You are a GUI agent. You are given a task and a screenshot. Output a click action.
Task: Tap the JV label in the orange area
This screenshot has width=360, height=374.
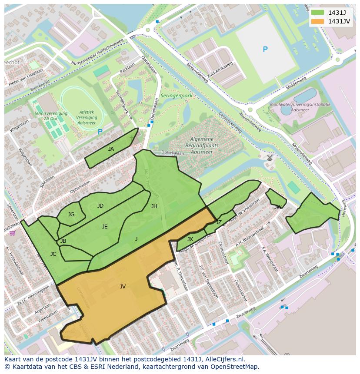[x=123, y=287]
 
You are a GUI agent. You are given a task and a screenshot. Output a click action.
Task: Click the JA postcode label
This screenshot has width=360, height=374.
[x=111, y=149]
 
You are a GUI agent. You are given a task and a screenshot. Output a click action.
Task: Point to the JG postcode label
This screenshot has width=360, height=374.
[x=71, y=215]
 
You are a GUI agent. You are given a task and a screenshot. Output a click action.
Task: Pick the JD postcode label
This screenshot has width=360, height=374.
[x=100, y=206]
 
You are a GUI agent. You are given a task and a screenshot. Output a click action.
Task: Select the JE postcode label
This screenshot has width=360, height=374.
[x=105, y=227]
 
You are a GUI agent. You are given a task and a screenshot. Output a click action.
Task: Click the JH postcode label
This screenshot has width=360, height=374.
[x=154, y=206]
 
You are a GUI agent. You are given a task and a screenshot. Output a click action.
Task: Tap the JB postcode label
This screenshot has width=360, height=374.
[x=63, y=241]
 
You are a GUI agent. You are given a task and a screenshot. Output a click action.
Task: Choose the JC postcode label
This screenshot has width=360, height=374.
[x=53, y=254]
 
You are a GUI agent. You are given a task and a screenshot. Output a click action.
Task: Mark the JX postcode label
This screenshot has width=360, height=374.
[x=190, y=239]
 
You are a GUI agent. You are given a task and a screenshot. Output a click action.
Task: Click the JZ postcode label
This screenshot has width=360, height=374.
[x=219, y=222]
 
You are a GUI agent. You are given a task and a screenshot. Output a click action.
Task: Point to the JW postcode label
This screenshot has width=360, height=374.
[x=278, y=207]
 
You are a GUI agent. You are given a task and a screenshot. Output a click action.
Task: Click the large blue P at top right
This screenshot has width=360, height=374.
[x=265, y=50]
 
